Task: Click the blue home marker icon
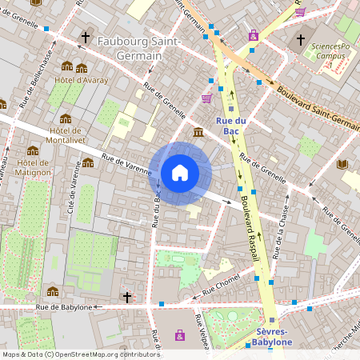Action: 180,173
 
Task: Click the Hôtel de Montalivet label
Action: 66,137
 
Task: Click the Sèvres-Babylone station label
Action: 271,337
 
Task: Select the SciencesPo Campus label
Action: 330,52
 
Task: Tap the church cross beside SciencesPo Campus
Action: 301,39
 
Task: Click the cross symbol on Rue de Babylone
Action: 126,298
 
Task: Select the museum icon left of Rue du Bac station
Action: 198,131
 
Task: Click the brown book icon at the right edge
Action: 342,164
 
